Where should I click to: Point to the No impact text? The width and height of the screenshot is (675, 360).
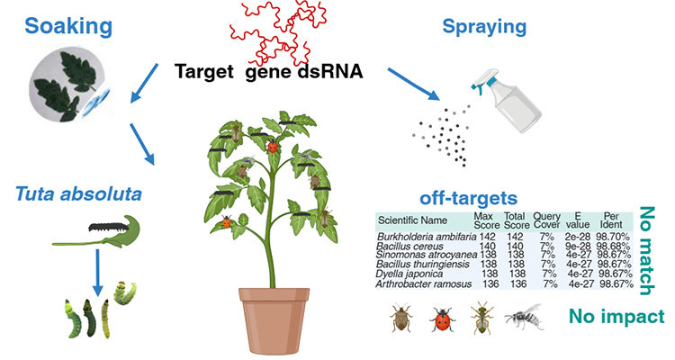coord(616,317)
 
